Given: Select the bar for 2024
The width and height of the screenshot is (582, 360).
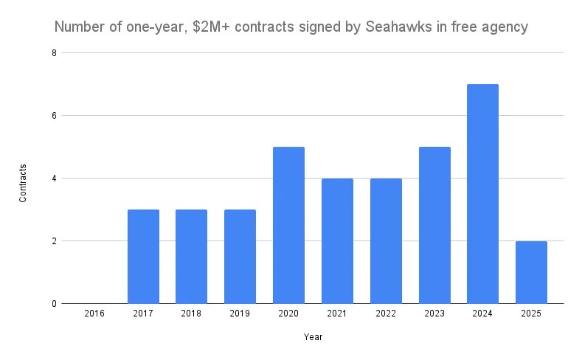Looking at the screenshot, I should (x=482, y=194).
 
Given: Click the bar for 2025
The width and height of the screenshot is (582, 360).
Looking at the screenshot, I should (x=531, y=272).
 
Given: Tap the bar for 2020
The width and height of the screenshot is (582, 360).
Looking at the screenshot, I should (x=288, y=225).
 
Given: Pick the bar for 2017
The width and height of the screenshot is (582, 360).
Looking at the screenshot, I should (x=143, y=257).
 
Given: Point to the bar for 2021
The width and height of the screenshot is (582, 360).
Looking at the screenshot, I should (x=337, y=240).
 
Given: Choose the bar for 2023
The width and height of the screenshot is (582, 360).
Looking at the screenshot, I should (x=434, y=225).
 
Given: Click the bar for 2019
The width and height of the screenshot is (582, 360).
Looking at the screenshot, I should (x=240, y=257).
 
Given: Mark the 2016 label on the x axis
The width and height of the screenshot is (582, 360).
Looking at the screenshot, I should (x=94, y=314).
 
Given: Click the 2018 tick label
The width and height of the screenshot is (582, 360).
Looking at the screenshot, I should (x=192, y=314).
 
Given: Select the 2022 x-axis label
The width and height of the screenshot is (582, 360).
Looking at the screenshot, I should (x=385, y=314).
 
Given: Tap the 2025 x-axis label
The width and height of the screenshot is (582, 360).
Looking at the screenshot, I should (x=531, y=314).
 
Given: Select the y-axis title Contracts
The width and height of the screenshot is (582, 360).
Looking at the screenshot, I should (x=24, y=183).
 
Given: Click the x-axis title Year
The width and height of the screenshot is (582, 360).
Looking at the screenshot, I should (x=313, y=337).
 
